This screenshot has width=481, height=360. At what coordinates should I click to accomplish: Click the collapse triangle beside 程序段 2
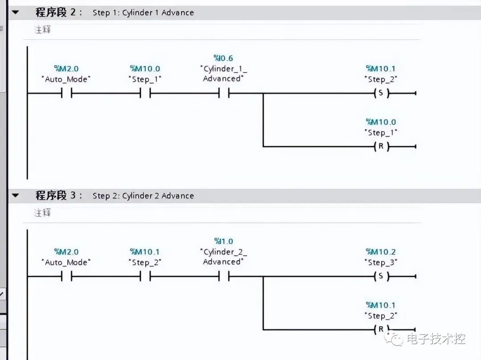point(16,12)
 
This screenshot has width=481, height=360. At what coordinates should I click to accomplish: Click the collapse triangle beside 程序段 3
point(16,196)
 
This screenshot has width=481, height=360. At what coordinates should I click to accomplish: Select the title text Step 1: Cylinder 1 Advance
point(143,12)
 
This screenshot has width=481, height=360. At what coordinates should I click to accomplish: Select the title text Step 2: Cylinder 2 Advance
point(143,196)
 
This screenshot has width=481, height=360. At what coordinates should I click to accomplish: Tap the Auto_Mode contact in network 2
point(66,93)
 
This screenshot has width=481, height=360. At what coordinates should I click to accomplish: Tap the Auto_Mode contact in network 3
point(66,276)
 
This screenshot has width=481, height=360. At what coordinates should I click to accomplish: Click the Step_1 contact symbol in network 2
point(145,93)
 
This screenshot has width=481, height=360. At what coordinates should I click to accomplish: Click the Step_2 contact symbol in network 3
point(145,276)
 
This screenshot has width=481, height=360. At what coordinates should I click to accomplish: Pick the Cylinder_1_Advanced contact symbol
point(224,93)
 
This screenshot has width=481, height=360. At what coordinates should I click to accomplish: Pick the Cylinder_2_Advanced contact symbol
point(224,276)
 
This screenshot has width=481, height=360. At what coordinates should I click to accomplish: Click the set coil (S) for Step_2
point(381,93)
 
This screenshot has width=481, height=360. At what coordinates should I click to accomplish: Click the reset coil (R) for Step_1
point(381,146)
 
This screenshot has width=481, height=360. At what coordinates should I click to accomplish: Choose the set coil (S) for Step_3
point(381,276)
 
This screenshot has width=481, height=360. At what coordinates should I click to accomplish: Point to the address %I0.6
point(224,58)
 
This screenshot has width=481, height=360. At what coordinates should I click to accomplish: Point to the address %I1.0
point(224,241)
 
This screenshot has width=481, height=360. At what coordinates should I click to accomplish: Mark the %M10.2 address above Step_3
point(381,252)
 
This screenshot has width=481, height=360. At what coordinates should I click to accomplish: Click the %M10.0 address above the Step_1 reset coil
point(381,122)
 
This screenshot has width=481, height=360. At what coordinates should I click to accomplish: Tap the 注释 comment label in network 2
point(43,29)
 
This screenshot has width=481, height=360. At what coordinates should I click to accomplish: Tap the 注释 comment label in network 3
point(43,213)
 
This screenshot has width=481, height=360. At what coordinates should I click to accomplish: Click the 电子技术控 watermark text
point(436,340)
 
